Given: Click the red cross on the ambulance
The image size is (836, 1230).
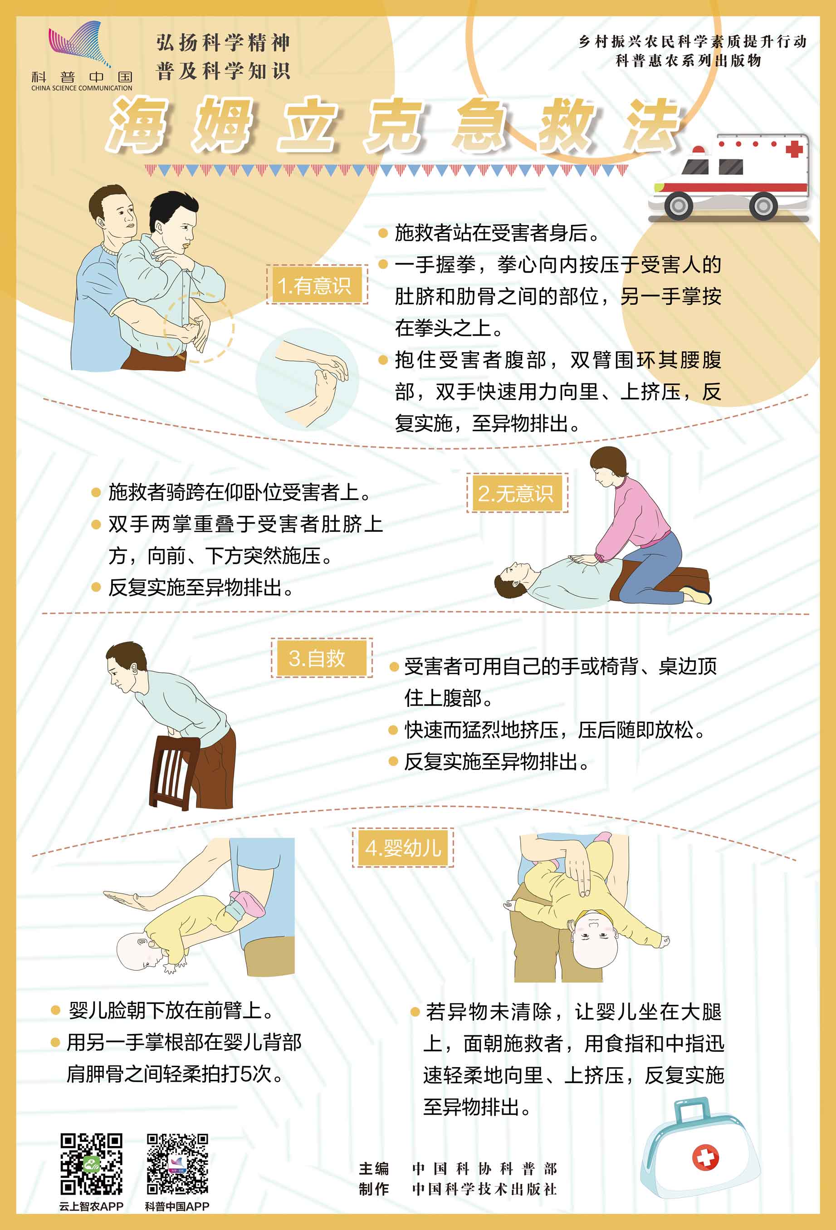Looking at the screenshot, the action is (x=794, y=149).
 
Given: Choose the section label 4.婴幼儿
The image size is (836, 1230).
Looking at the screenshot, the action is (x=403, y=848).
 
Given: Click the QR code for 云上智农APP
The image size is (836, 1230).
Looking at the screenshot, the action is (x=91, y=1164).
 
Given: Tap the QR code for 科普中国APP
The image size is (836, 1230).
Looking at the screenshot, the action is (x=177, y=1164).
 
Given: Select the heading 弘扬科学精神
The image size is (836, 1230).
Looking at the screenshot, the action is (x=223, y=42).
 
